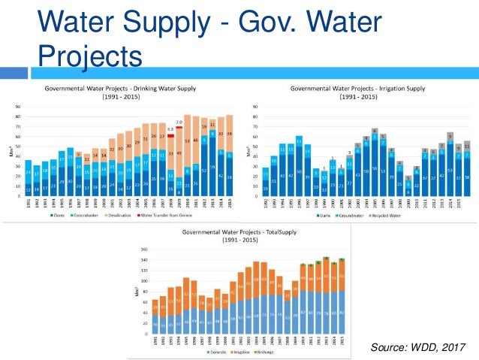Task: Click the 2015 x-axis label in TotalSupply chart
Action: pos(342,343)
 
